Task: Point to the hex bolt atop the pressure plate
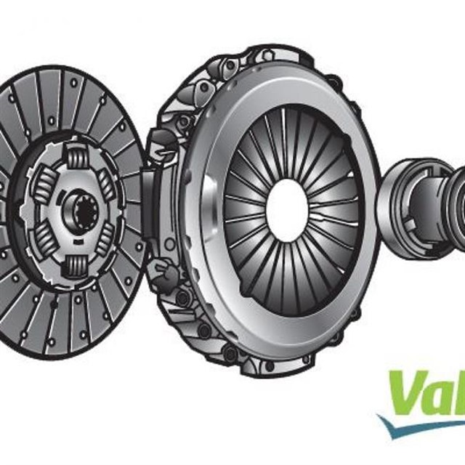pyautogui.click(x=267, y=55)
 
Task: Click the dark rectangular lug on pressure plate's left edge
pyautogui.click(x=147, y=198)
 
